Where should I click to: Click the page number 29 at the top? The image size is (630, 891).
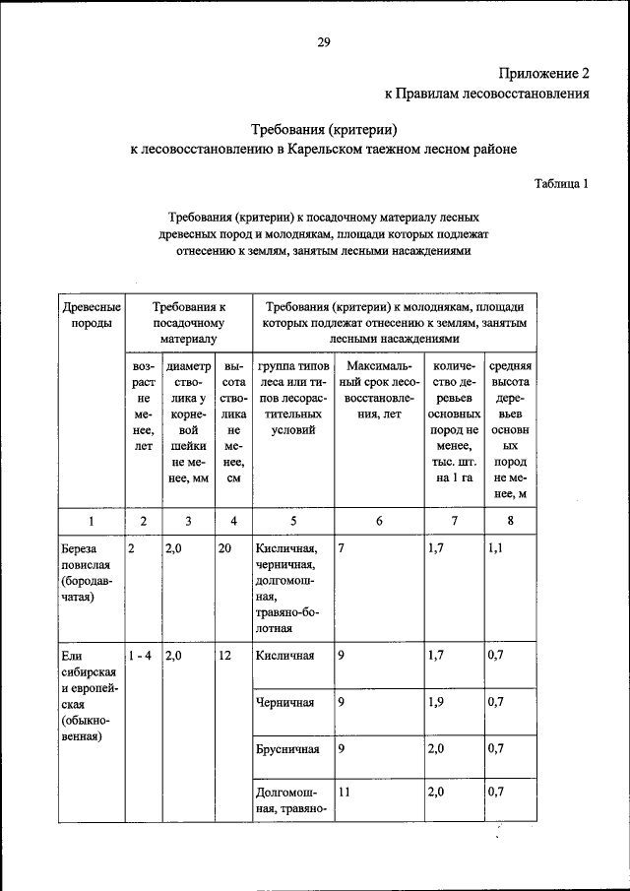pos(323,40)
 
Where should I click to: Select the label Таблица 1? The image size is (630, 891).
pos(561,183)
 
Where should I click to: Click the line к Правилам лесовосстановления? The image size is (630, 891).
pos(486,95)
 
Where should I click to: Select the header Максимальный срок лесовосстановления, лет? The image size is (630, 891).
pos(378,401)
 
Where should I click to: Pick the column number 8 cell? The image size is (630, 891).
pos(510,522)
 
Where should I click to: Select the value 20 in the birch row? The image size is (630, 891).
pos(224,549)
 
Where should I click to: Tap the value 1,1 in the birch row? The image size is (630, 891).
pos(494,549)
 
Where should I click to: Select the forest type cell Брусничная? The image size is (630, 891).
pos(286,749)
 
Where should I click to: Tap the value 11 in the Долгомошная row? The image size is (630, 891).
pos(344,791)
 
